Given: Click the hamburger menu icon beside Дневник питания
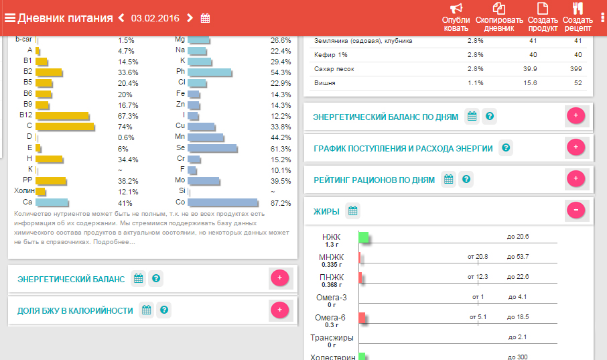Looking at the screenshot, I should coord(9,18).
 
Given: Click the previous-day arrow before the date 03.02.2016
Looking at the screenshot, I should coord(121,18).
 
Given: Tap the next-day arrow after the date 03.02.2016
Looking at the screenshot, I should coord(190,18).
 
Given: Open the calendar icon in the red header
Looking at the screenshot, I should coord(206,18).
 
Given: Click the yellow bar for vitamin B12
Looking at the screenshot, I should coord(62,116).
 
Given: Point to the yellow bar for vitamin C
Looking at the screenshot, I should coord(64,126).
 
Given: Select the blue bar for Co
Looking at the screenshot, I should coord(223,202).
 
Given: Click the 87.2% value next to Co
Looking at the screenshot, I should coord(280,203).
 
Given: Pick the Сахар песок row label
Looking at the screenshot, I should coord(334,69).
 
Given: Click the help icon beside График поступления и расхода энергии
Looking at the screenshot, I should coord(506,147).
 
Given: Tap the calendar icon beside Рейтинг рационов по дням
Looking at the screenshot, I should coord(449,180).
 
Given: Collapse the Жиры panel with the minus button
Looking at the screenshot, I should coord(576,211).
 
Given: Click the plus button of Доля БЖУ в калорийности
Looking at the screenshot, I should coord(279,310).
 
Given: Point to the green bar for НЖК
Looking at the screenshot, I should coord(364,237).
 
